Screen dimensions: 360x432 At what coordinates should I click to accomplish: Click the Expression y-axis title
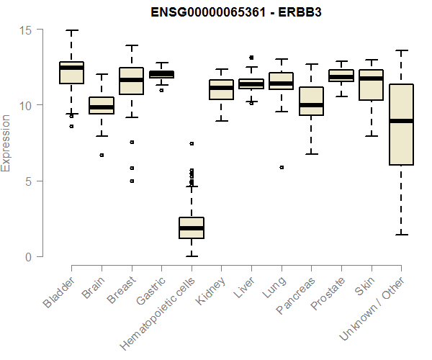6,143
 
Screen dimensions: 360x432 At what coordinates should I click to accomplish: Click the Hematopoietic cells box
192,228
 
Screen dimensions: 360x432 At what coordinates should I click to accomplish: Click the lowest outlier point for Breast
131,181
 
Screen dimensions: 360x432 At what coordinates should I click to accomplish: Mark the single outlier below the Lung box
282,167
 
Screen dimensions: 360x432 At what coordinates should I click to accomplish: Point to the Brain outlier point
102,155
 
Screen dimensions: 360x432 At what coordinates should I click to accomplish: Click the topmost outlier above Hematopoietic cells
192,143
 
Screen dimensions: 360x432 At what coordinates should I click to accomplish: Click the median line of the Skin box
372,78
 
